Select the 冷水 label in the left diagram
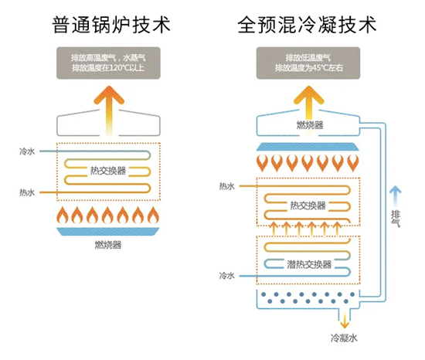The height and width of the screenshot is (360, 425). click(x=27, y=152)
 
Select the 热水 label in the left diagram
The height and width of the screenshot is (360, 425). click(x=27, y=192)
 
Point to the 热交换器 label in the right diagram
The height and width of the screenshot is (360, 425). click(x=308, y=205)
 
